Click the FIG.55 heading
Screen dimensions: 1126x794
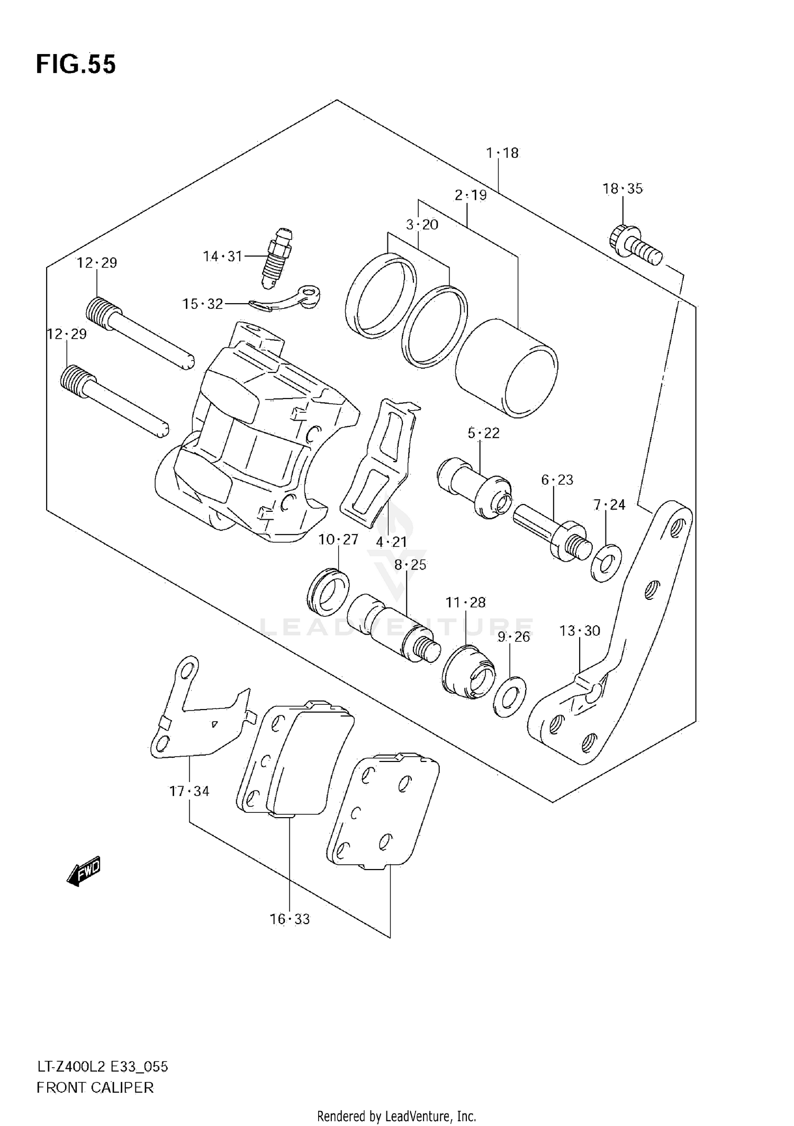tap(76, 64)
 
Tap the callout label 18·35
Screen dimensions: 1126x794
tap(622, 189)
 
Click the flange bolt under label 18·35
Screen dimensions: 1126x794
tap(636, 244)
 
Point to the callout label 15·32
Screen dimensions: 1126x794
tap(203, 304)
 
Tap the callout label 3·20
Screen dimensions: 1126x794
tap(422, 225)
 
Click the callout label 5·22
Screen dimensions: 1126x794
tap(483, 433)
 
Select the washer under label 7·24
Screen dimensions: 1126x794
tap(606, 562)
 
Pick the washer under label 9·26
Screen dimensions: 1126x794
tap(509, 696)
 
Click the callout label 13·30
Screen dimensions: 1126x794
tap(580, 631)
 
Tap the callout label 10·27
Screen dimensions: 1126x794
tap(338, 539)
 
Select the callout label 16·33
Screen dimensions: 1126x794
tap(290, 919)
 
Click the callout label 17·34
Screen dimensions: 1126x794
tap(190, 791)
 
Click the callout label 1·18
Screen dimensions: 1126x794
tap(502, 153)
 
